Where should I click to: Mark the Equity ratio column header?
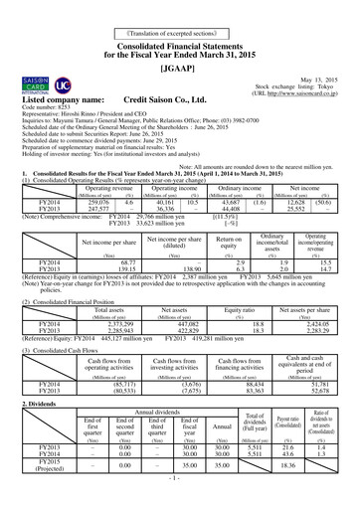click(x=245, y=310)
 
